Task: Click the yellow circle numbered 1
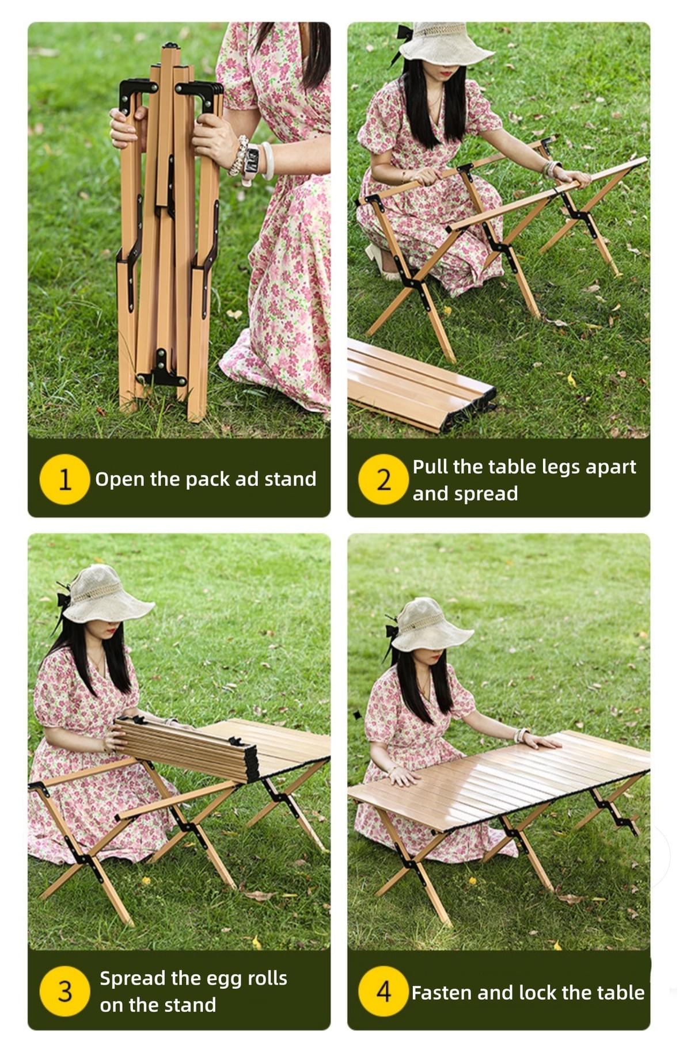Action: coord(64,479)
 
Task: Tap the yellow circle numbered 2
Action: coord(384,479)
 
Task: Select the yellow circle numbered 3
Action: coord(64,990)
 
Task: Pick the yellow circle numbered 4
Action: coord(384,992)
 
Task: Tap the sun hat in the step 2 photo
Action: coord(445,41)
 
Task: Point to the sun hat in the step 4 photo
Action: coord(432,626)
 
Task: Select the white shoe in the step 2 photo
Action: coord(381,261)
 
